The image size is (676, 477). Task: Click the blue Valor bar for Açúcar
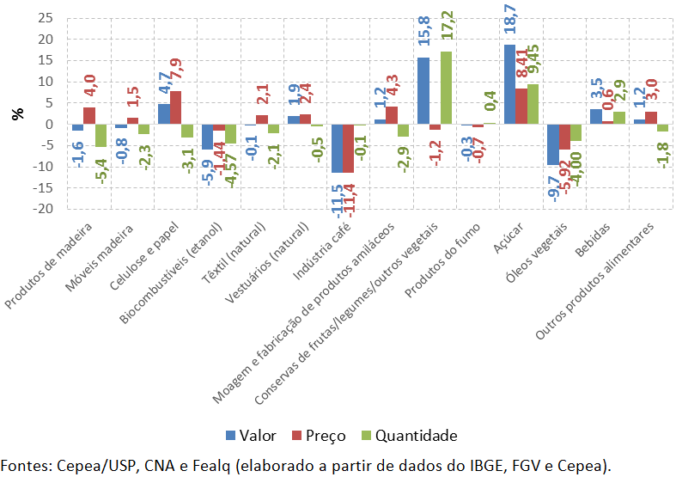coord(509,84)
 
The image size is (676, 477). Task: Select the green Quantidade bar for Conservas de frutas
coord(446,88)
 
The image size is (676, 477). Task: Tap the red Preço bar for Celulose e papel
coord(175,107)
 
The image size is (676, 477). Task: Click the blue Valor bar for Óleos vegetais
coord(552,144)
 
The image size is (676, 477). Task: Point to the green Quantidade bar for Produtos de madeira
coord(100,136)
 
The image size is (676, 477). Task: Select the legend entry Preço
coord(314,434)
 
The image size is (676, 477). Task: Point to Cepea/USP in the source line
coord(94,465)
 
